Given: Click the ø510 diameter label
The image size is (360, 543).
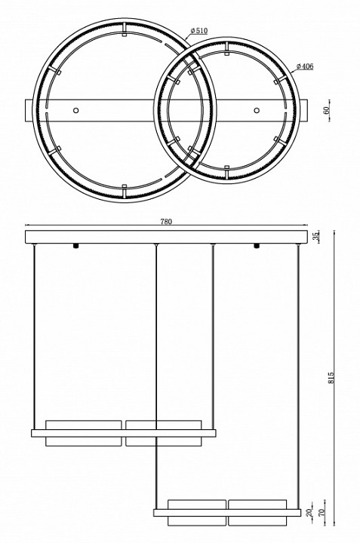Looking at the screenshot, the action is pyautogui.click(x=199, y=31).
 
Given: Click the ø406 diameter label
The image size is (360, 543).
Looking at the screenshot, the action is pyautogui.click(x=305, y=66).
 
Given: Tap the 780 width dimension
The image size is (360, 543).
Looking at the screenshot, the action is pyautogui.click(x=166, y=222).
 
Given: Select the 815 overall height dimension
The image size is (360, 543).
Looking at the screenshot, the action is pyautogui.click(x=331, y=378).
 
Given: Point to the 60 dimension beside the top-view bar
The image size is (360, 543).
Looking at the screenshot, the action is pyautogui.click(x=326, y=110).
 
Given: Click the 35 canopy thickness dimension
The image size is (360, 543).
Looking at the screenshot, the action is pyautogui.click(x=315, y=237).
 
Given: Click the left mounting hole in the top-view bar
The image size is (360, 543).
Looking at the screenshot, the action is pyautogui.click(x=75, y=110).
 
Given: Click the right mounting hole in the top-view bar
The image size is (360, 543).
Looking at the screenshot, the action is pyautogui.click(x=257, y=110).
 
